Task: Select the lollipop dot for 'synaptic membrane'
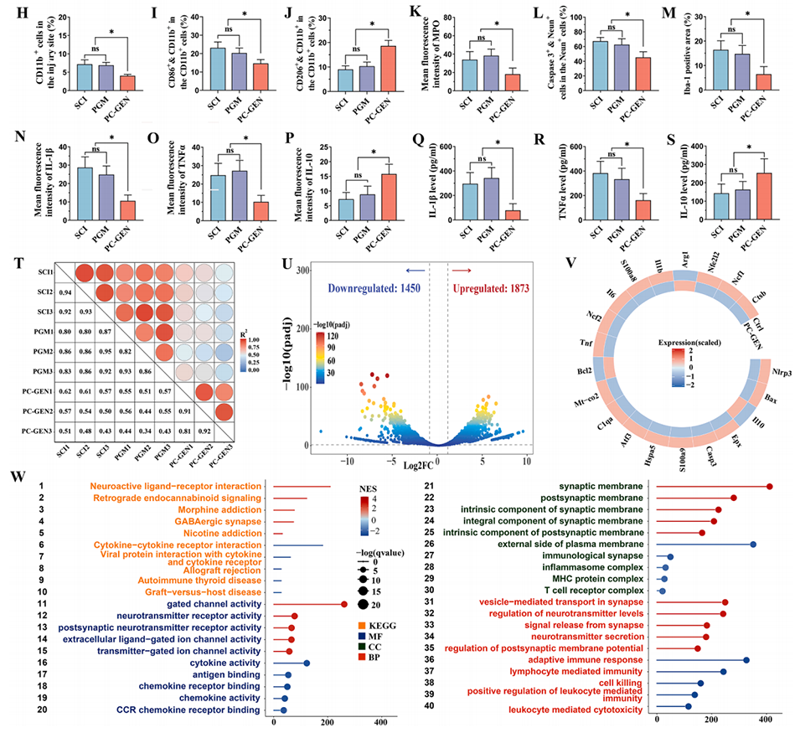(770, 487)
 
